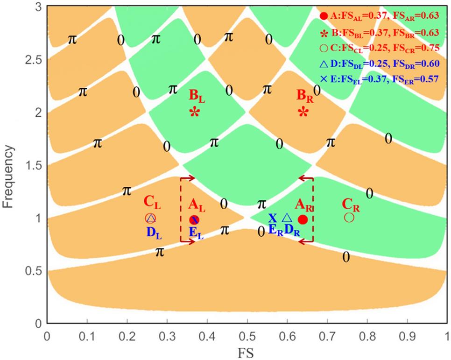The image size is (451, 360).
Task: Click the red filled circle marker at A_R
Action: point(303,219)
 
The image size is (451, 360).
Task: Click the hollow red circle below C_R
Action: point(349,217)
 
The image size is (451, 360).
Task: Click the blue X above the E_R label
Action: point(273,218)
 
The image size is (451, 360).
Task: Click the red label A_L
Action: point(197,204)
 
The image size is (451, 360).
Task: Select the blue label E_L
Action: point(196,233)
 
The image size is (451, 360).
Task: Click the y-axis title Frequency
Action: point(10,165)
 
